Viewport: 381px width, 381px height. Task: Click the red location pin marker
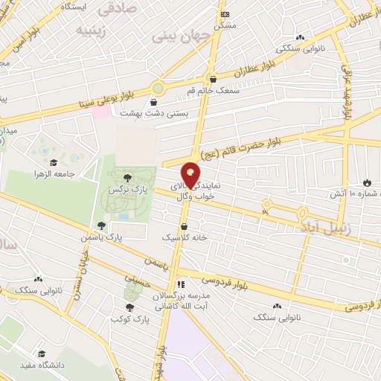click(x=191, y=174)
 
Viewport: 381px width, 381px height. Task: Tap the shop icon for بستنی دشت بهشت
click(x=154, y=103)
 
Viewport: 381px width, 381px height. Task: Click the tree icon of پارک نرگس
click(x=127, y=177)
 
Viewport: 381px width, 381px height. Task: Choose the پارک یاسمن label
click(x=101, y=236)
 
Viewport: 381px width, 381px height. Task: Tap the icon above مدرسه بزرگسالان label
click(x=181, y=284)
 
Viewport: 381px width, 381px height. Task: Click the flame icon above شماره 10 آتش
click(x=367, y=182)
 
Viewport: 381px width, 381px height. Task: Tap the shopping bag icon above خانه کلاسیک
click(x=184, y=226)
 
